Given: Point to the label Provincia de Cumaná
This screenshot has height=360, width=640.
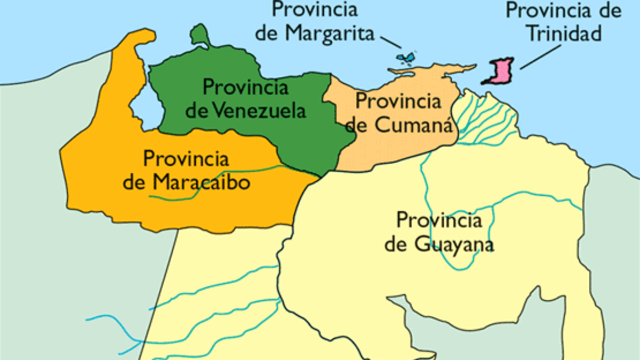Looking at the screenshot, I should coord(399,113).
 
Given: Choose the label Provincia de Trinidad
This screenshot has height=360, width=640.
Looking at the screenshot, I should coord(564,22).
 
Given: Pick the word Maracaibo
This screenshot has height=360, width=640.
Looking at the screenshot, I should coord(201,183).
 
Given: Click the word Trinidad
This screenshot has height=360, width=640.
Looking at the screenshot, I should coord(564,34).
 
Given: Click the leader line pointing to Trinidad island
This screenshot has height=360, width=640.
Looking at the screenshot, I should coord(540,56).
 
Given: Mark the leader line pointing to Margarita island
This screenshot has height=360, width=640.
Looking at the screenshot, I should coord(391,41).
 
